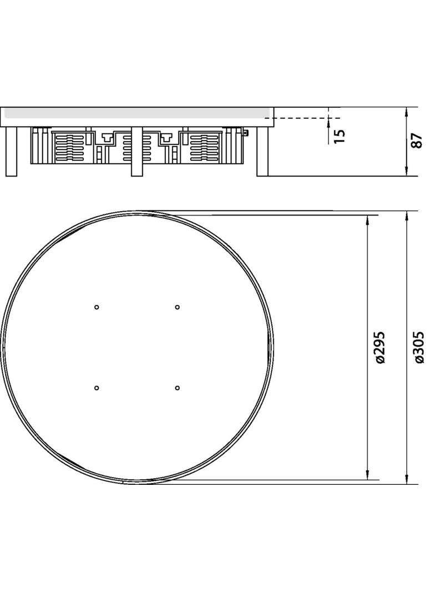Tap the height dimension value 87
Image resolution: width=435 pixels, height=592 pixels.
point(418,141)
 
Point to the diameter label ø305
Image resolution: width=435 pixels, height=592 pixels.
point(419,348)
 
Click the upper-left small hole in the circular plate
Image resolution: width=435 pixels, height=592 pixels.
point(97,307)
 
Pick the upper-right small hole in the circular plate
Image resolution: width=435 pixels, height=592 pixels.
point(178,307)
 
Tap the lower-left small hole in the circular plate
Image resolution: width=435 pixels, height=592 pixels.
point(97,388)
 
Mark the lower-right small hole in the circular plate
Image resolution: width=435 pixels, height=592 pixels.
point(178,388)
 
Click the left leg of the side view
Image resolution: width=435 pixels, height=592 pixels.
point(12,151)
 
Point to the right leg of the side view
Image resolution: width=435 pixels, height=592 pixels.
point(262,151)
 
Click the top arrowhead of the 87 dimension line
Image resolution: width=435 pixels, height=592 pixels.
point(407,112)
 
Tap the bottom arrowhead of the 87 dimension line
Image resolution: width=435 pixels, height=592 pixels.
point(407,172)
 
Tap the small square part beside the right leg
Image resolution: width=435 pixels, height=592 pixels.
point(246,133)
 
